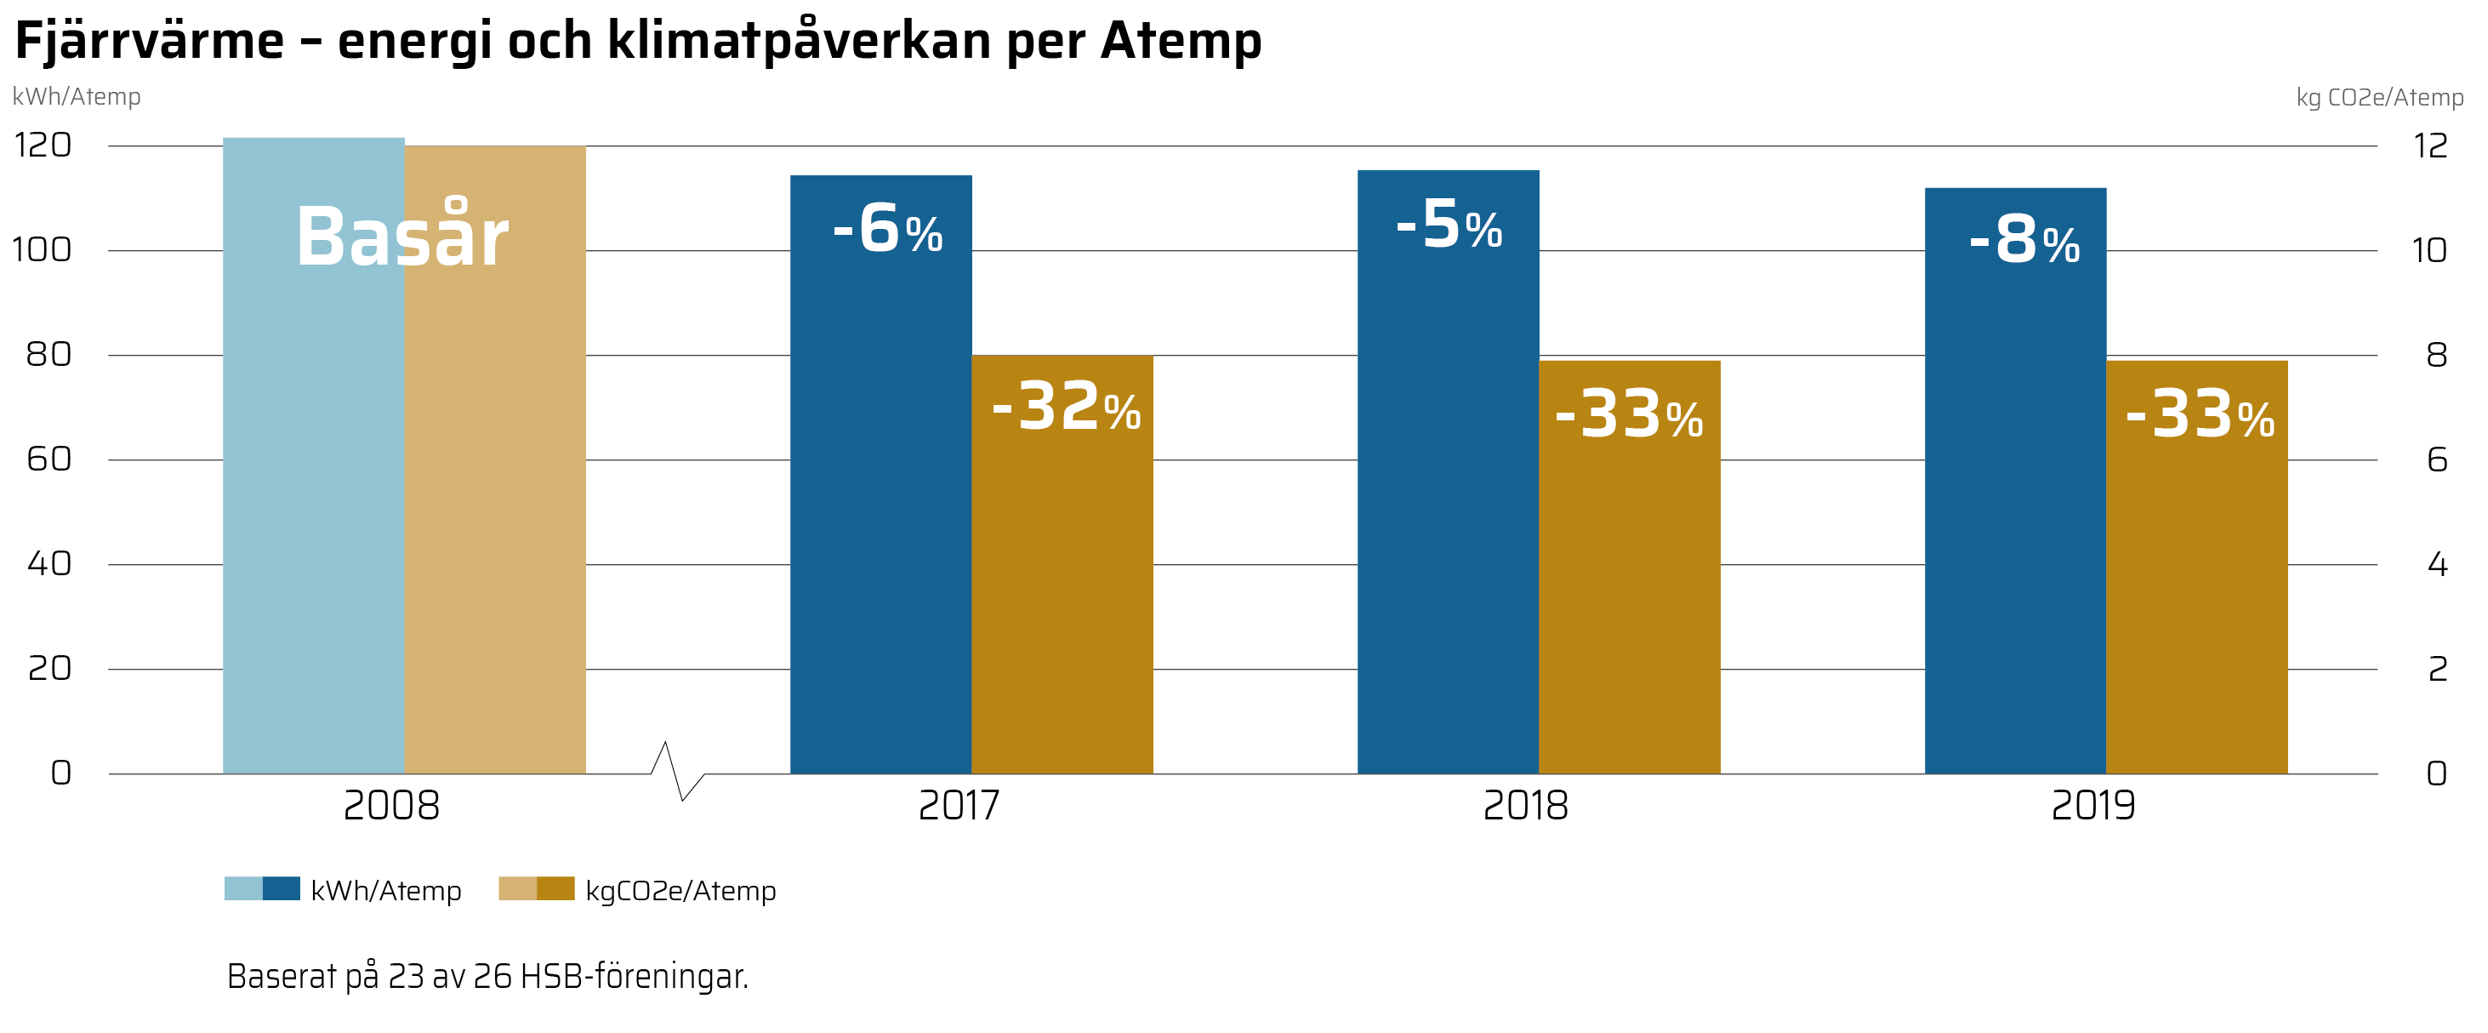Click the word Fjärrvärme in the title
(150, 42)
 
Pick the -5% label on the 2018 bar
(1449, 225)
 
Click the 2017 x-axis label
(958, 806)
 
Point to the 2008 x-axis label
(391, 806)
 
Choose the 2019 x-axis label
(2093, 806)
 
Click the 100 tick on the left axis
(42, 250)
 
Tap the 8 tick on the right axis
(2436, 356)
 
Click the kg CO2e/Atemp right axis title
(2379, 98)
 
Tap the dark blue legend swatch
(281, 888)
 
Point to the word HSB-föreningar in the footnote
(634, 976)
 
